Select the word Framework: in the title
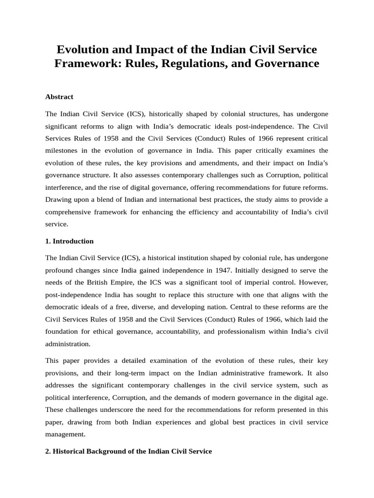[89, 64]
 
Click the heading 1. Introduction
[69, 241]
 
